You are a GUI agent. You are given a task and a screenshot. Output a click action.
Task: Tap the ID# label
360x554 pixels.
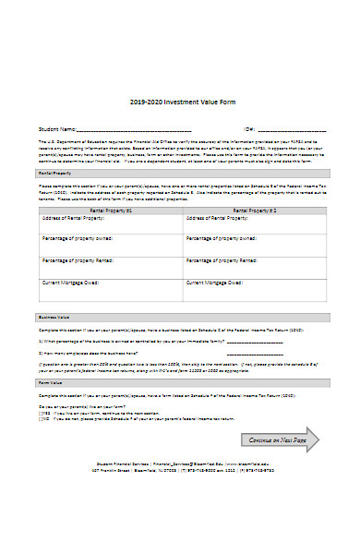tap(249, 129)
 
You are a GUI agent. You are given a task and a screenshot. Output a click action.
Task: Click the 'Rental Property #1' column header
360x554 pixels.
tap(112, 211)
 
